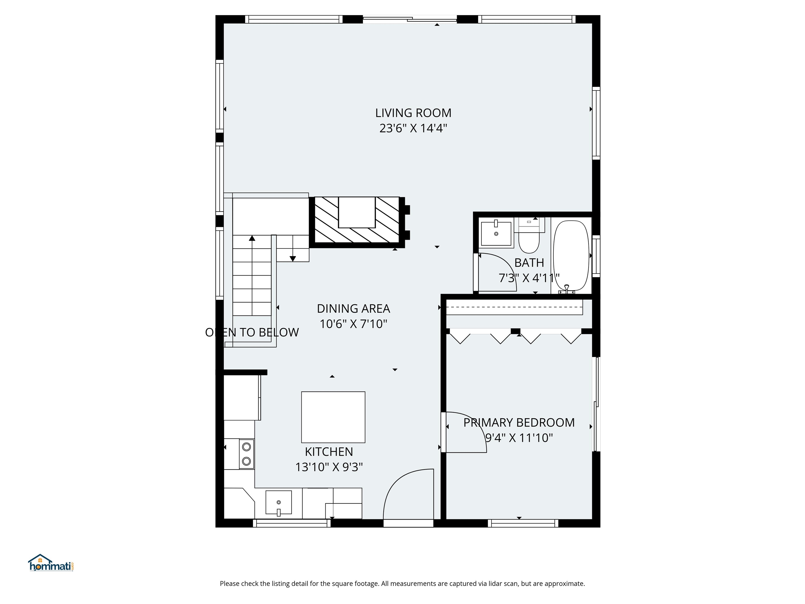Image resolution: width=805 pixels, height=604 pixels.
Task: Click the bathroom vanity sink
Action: pyautogui.click(x=496, y=233)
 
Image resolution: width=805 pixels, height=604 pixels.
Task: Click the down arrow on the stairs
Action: pyautogui.click(x=293, y=258)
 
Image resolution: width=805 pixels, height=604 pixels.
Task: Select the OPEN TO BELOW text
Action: pyautogui.click(x=252, y=332)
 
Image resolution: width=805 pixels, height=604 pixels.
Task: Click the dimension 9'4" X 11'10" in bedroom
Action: pyautogui.click(x=519, y=438)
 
